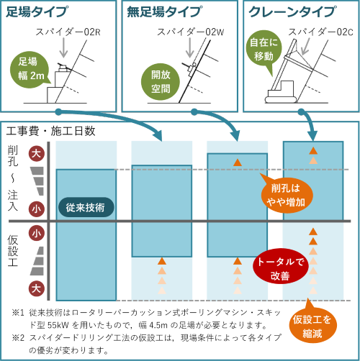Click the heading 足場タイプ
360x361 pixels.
[x=36, y=12]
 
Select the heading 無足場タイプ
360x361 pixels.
[x=164, y=12]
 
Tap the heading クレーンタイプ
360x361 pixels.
[x=292, y=12]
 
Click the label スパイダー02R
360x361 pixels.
[x=68, y=32]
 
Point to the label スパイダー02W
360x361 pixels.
[x=191, y=32]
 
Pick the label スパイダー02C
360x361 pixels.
[x=320, y=32]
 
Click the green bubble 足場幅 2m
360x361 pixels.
[x=30, y=70]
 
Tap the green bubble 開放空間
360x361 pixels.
[x=161, y=82]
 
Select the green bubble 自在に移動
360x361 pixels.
[x=264, y=50]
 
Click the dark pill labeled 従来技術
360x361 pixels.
[x=86, y=207]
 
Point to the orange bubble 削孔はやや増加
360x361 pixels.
[x=287, y=195]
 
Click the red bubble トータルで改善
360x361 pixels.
[x=280, y=268]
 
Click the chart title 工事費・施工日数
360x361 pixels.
[x=50, y=131]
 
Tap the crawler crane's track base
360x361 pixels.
[x=281, y=99]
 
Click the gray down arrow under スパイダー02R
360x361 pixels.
[x=63, y=47]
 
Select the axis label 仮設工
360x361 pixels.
[x=12, y=251]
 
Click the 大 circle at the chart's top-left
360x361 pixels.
[x=37, y=154]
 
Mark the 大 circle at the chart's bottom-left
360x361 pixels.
[x=37, y=288]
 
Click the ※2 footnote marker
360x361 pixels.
[x=18, y=338]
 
